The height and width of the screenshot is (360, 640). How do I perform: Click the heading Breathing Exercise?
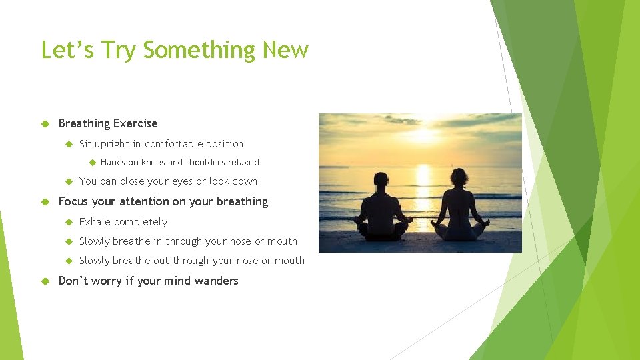click(x=108, y=123)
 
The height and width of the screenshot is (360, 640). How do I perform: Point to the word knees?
click(x=153, y=163)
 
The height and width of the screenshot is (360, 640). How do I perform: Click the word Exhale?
click(x=94, y=222)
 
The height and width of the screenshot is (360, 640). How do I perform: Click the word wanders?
click(x=216, y=281)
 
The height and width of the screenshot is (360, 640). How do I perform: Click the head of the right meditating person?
click(x=459, y=177)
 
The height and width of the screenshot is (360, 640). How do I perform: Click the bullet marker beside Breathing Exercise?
click(x=45, y=123)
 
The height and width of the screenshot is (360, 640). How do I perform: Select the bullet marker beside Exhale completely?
click(x=67, y=222)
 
